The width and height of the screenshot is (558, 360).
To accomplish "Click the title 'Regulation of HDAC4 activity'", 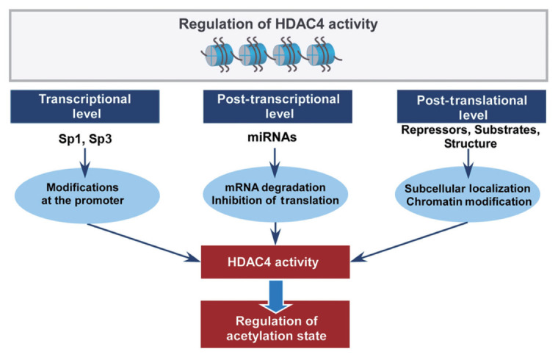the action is point(278,24).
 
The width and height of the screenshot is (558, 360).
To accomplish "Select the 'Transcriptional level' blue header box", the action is point(84,107).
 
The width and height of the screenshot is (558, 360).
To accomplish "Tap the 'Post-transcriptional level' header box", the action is point(278,107).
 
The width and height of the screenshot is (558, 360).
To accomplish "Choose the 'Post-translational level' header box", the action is point(471,107).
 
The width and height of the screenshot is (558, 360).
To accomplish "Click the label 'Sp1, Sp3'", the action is point(85,139).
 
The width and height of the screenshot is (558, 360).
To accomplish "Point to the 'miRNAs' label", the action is point(272,137).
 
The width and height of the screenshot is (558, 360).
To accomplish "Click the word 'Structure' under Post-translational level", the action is point(471,143).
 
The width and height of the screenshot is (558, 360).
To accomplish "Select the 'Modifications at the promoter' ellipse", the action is point(87,195).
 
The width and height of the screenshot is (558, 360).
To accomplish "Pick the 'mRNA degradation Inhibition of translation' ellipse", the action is point(275,195).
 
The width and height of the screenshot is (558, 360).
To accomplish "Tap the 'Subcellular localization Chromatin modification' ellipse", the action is point(468,195).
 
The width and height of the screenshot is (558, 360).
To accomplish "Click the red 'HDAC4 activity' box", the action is point(275,262).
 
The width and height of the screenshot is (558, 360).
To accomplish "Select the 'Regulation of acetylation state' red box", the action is point(275,325).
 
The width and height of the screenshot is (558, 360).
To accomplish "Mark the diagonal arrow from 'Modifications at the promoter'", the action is point(144,243).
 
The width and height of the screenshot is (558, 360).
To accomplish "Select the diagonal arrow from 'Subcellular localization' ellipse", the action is point(409,242).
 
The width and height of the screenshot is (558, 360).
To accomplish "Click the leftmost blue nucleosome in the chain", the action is point(219,55).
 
